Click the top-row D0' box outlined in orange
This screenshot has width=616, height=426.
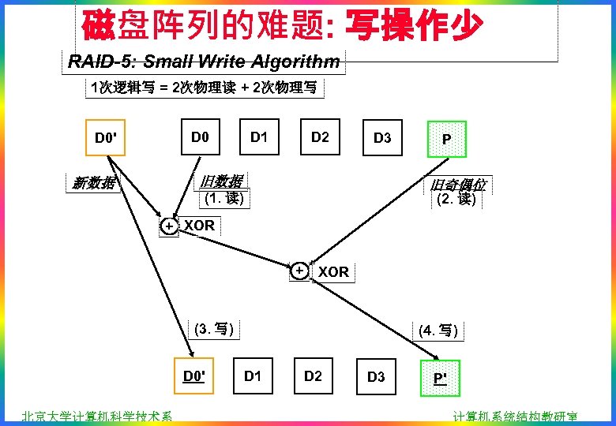[x=105, y=139]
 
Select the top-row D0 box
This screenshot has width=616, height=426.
[x=200, y=137]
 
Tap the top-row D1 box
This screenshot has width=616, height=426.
[x=259, y=137]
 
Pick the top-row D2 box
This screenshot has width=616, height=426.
[x=319, y=137]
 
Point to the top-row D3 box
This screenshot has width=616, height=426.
[x=381, y=138]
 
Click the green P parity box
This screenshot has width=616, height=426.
[x=446, y=139]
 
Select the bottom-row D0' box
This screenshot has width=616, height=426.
[x=194, y=376]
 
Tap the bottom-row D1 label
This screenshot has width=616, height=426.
[x=253, y=376]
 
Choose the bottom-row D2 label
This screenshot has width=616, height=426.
[x=314, y=376]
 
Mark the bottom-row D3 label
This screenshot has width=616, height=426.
[x=376, y=376]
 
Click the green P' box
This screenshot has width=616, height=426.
[x=439, y=377]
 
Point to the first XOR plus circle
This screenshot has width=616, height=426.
[x=169, y=226]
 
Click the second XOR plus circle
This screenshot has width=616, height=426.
[x=300, y=271]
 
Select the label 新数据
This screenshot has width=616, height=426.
[x=93, y=184]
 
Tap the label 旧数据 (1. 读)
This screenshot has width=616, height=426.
[x=222, y=189]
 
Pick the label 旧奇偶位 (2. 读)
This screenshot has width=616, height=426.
[x=457, y=192]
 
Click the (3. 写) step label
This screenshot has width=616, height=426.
[x=213, y=328]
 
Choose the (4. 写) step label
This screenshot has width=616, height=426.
[x=439, y=330]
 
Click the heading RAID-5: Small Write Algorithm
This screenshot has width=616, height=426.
[x=204, y=61]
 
